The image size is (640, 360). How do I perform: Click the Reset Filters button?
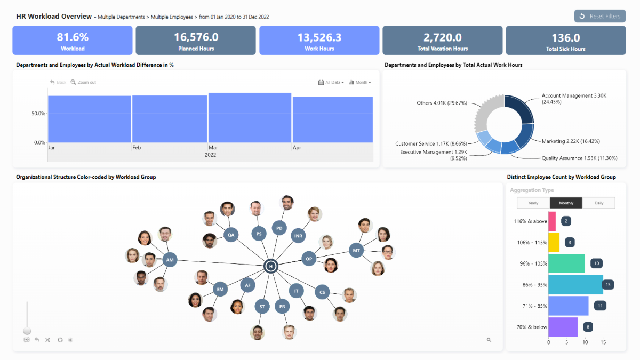599,16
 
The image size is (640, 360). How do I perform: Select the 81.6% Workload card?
73,41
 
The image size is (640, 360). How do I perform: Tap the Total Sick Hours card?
565,41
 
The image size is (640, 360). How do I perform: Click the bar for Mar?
250,118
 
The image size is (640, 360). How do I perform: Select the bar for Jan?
89,119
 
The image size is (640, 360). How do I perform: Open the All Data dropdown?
331,82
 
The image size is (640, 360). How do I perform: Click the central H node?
271,266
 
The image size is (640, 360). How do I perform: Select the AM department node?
170,260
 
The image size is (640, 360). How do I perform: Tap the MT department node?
356,250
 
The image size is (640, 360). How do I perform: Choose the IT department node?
296,291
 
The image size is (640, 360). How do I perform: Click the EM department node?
220,290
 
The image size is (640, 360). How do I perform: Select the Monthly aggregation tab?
566,203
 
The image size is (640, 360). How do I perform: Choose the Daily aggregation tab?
598,203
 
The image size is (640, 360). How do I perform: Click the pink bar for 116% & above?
552,221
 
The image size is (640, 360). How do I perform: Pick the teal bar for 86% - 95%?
575,285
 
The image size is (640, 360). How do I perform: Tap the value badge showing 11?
601,306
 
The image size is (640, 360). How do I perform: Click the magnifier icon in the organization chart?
489,340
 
